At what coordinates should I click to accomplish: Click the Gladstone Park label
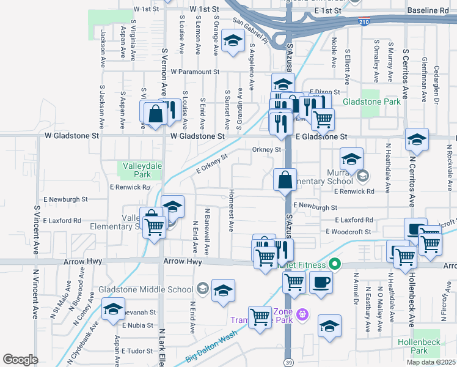tap(371, 102)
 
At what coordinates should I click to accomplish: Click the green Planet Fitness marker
tap(334, 264)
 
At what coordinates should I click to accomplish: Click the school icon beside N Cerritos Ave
tap(417, 139)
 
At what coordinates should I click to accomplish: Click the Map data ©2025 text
tap(431, 362)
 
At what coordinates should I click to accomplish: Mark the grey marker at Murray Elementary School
tap(363, 177)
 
